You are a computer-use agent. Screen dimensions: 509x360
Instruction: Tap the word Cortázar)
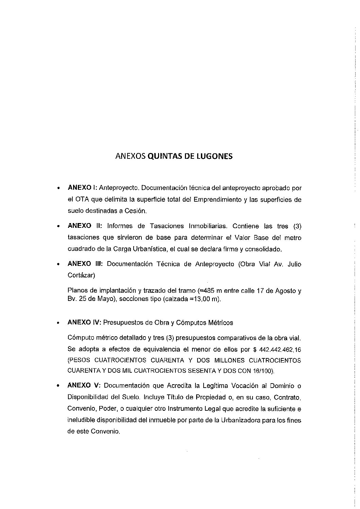click(82, 275)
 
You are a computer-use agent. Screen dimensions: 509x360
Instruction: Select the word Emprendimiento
click(218, 200)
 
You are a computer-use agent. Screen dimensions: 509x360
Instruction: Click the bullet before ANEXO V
click(59, 386)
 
